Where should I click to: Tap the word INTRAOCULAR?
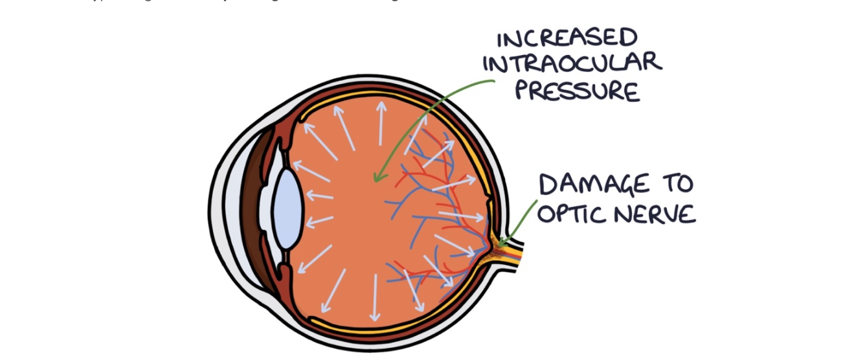point(572,63)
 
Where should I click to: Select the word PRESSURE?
point(577,91)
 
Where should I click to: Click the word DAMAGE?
point(594,185)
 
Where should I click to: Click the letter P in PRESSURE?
point(523,91)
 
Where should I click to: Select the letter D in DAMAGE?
point(548,185)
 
